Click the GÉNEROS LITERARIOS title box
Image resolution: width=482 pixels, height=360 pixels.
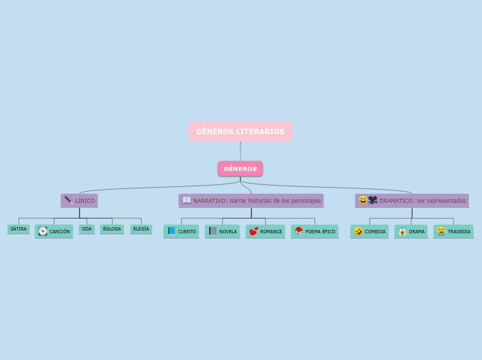(240, 132)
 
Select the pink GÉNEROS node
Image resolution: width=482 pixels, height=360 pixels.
(240, 169)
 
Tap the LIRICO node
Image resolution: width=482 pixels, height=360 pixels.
(79, 201)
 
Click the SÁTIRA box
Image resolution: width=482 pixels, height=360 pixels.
(19, 229)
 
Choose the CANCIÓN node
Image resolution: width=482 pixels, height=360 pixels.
(54, 231)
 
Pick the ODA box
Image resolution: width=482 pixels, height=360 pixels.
(87, 229)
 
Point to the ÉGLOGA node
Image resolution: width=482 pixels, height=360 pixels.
(112, 229)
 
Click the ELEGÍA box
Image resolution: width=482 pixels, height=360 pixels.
(141, 229)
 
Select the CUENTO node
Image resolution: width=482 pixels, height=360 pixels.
(181, 231)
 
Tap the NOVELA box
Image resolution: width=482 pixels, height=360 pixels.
(222, 231)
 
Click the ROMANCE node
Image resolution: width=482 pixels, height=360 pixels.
(265, 231)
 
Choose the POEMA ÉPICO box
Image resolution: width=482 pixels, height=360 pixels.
(315, 231)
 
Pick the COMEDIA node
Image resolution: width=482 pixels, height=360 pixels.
(370, 231)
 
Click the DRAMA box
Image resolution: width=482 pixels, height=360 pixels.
(411, 231)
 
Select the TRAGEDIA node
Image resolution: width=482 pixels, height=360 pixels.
(454, 231)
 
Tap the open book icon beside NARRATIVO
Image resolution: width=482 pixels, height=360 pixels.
(186, 200)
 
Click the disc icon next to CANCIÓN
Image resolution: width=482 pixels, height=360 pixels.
(43, 231)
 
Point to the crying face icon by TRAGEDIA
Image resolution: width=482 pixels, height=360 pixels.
(441, 231)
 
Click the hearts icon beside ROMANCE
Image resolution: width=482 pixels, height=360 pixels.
(253, 231)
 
